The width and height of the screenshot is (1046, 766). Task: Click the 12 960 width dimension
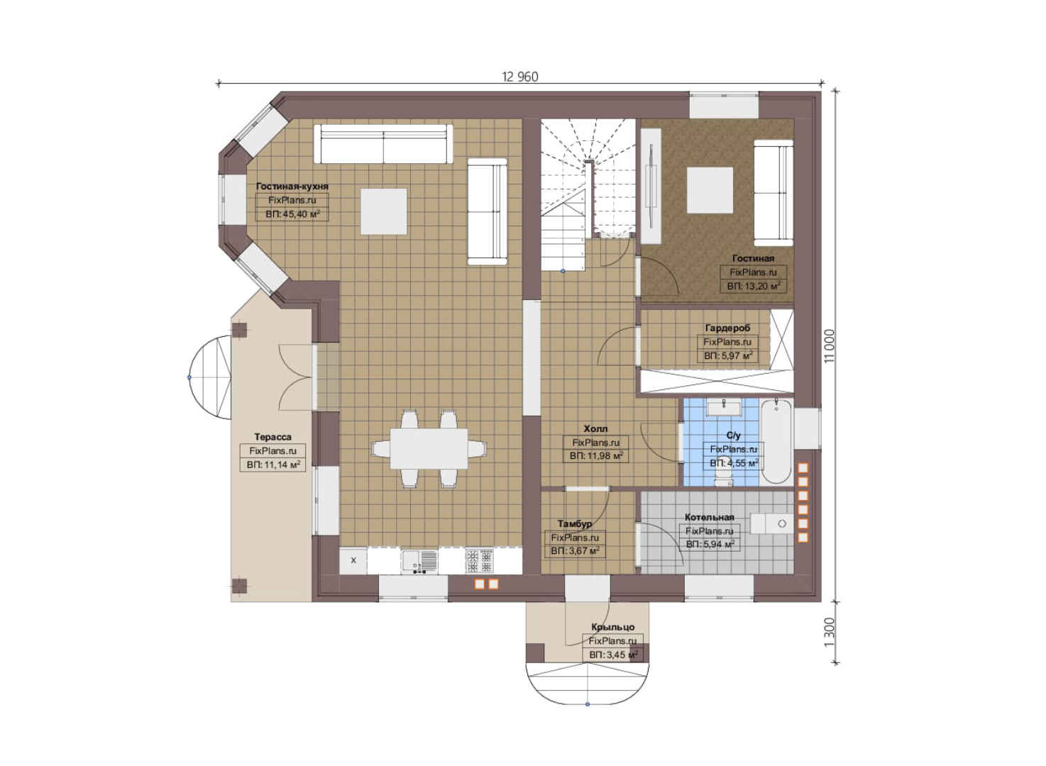519,77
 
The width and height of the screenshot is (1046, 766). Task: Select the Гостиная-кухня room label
292,187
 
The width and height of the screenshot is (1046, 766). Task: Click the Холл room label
596,428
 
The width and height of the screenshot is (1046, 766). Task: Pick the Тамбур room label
575,523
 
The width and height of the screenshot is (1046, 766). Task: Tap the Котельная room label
710,517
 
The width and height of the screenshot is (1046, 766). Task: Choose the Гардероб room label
727,328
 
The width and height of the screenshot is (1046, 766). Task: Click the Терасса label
272,437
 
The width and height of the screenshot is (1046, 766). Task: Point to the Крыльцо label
612,627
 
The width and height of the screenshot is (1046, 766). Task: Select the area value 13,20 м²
753,286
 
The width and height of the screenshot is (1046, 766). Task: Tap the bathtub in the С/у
777,442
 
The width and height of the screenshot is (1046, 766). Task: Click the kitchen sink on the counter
419,561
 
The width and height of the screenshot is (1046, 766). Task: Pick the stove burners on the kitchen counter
479,561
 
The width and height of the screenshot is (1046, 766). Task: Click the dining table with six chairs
429,449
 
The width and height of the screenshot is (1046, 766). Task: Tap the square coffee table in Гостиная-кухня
383,211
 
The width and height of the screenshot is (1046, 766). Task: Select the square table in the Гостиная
710,190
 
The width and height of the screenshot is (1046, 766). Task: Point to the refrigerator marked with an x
353,560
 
